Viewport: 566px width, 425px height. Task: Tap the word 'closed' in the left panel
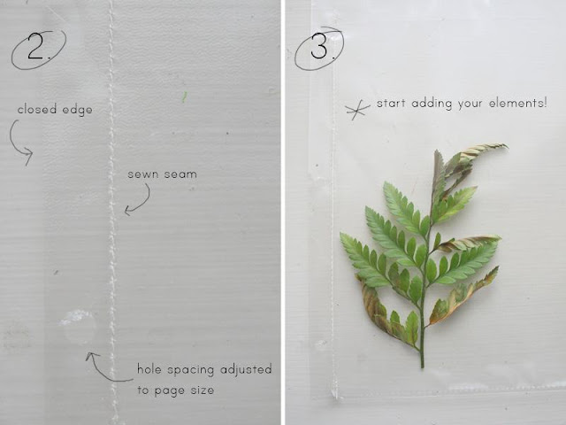35,111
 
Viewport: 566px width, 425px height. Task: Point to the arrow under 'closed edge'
21,143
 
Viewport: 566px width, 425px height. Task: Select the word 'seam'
180,174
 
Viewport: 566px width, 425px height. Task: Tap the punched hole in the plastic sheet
78,327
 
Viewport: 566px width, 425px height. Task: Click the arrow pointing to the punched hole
102,367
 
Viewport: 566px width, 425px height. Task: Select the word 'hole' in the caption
151,368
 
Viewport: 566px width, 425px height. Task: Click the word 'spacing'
195,369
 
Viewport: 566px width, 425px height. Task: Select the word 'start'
393,104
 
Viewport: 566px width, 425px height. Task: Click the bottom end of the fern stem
422,365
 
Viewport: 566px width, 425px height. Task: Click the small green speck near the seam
185,96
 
